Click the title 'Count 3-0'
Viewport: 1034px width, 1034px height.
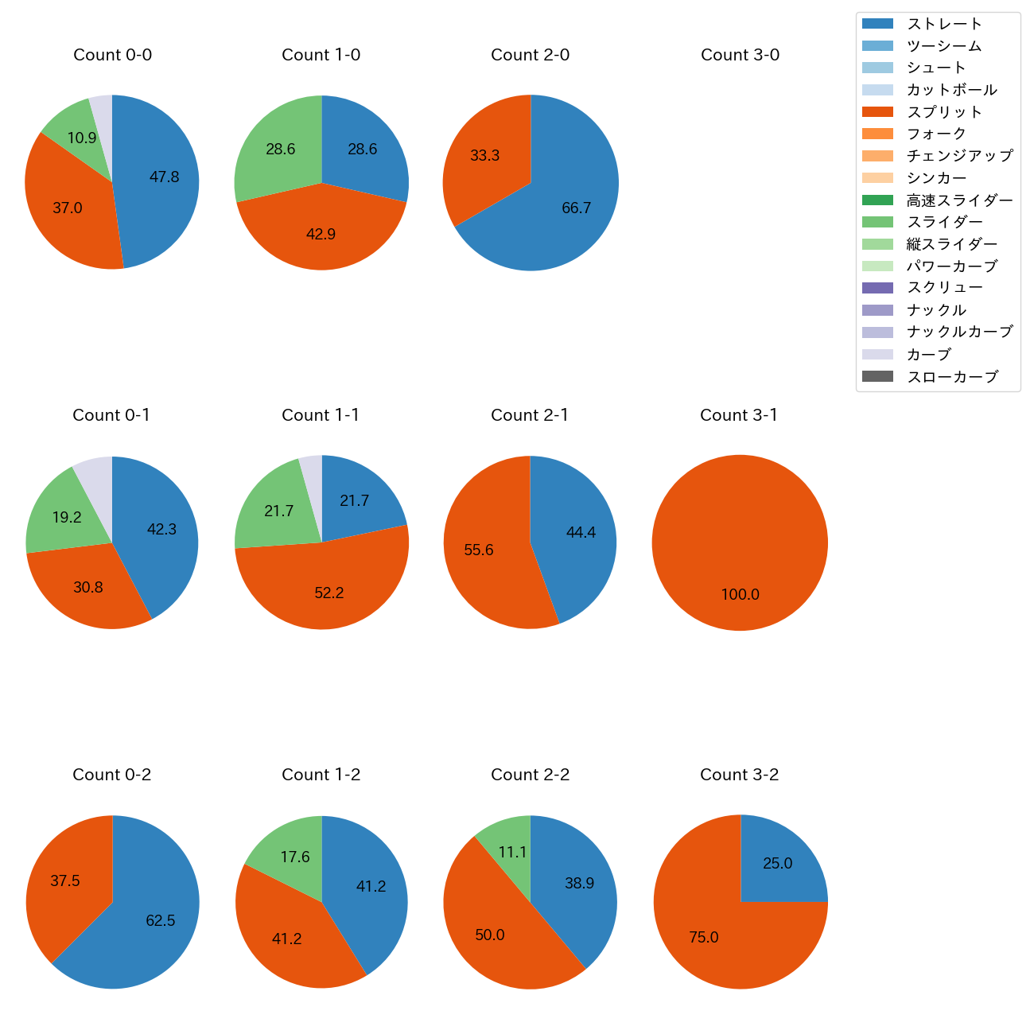pos(740,55)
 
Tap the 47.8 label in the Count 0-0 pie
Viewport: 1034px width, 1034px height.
pos(164,177)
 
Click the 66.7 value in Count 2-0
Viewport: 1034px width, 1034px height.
pos(576,208)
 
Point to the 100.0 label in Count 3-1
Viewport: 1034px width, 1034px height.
pos(740,594)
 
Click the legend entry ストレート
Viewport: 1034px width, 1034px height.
pos(944,24)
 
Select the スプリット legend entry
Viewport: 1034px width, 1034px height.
pos(944,112)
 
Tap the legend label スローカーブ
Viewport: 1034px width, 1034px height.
pos(952,377)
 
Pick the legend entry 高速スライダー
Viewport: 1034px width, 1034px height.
pos(959,200)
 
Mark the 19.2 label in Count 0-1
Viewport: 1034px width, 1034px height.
pos(67,517)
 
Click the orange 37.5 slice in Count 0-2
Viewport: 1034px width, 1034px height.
pos(65,880)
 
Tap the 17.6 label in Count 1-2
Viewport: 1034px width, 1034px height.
pos(294,857)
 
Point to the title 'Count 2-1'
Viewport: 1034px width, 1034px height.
pos(530,415)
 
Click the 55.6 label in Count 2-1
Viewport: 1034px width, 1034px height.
pos(479,550)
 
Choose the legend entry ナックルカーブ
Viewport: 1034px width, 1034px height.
pos(959,332)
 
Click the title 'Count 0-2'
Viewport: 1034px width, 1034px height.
pos(111,775)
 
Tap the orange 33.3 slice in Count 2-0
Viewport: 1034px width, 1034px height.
pos(484,155)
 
